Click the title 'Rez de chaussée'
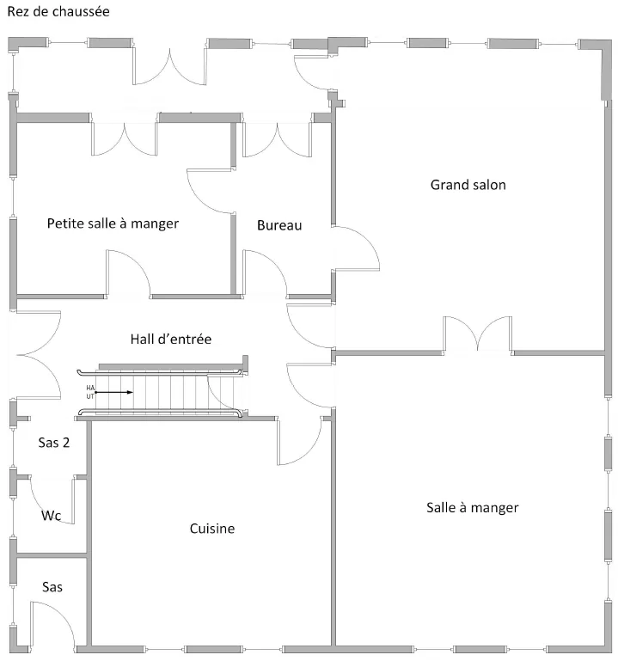coord(58,13)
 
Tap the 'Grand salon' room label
coord(468,185)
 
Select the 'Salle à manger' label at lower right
coord(472,507)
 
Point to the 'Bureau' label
coord(279,225)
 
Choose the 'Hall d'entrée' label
coord(171,339)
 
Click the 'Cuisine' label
coord(211,529)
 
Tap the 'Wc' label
coord(51,516)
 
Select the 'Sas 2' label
coord(53,443)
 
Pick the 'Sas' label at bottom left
coord(52,586)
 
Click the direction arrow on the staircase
coord(117,392)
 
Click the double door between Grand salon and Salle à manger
coord(477,335)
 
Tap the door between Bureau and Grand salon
coord(354,248)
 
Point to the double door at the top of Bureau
coord(276,140)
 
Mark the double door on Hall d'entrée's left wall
coord(35,353)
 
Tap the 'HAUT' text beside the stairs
coord(90,392)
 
